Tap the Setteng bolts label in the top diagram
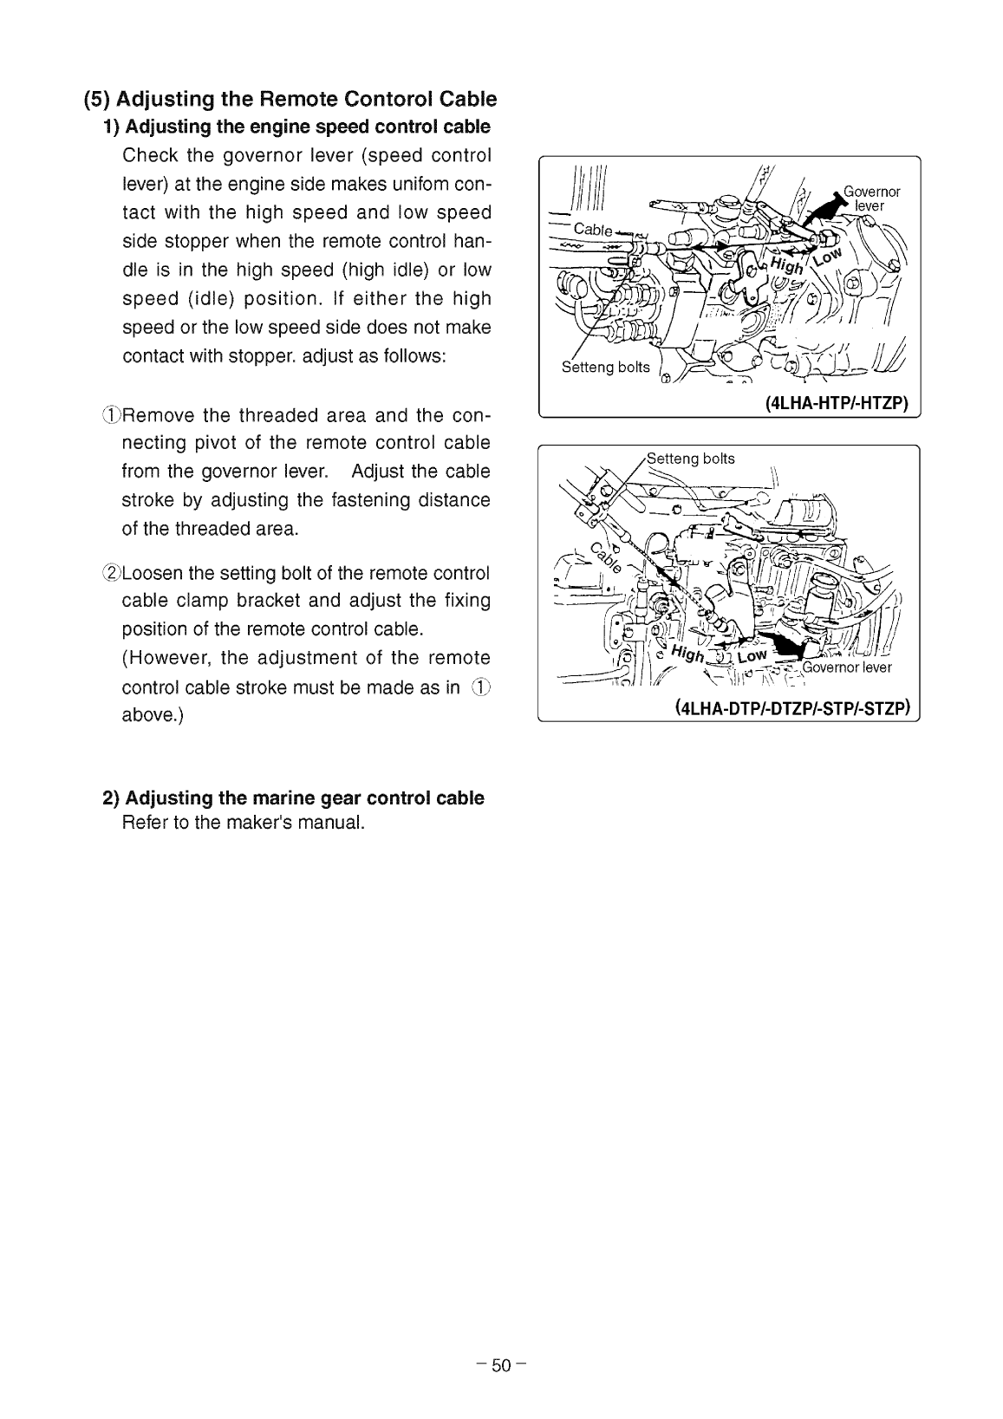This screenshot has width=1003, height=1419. (x=605, y=367)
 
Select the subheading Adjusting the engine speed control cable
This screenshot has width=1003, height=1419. (x=308, y=127)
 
